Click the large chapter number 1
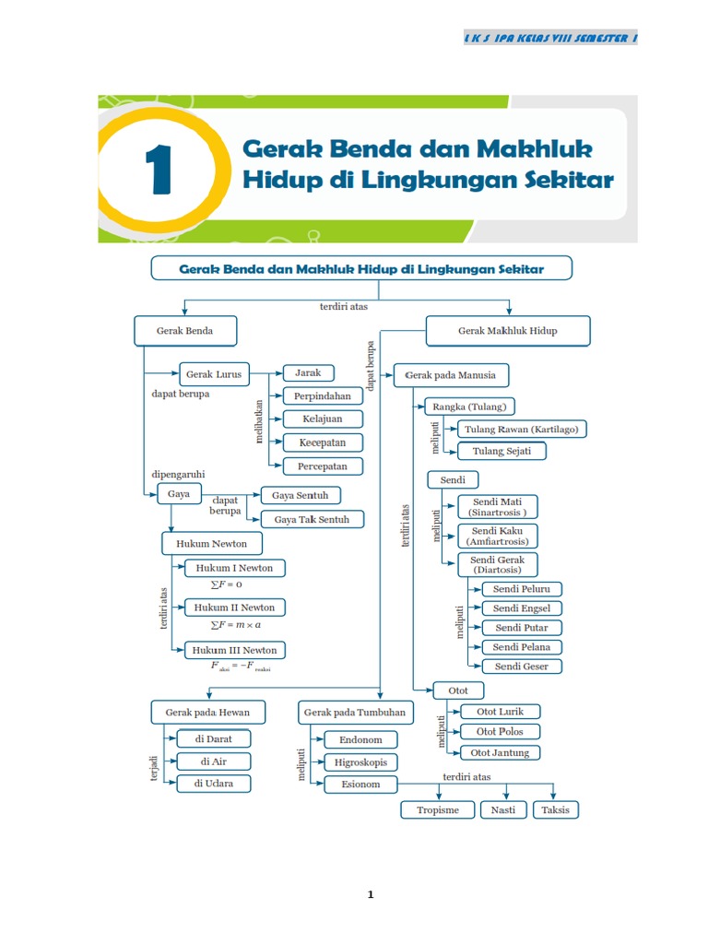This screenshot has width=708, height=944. pyautogui.click(x=158, y=173)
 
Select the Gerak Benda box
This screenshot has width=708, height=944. pyautogui.click(x=185, y=330)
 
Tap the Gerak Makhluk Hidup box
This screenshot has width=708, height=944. pyautogui.click(x=507, y=330)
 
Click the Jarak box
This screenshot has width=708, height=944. pyautogui.click(x=308, y=373)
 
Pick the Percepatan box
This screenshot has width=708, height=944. pyautogui.click(x=323, y=466)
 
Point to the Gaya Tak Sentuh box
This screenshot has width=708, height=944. pyautogui.click(x=312, y=519)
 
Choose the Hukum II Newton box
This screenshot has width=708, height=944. pyautogui.click(x=234, y=608)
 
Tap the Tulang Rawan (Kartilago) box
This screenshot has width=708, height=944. pyautogui.click(x=522, y=429)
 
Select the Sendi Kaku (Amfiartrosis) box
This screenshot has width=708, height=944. pyautogui.click(x=497, y=536)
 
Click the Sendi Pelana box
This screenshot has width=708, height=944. pyautogui.click(x=521, y=647)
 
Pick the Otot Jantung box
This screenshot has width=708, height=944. pyautogui.click(x=499, y=752)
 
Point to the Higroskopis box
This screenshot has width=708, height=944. pyautogui.click(x=360, y=762)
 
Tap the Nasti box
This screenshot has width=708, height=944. pyautogui.click(x=503, y=809)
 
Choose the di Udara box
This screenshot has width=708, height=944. pyautogui.click(x=213, y=784)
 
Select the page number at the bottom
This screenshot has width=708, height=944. pyautogui.click(x=370, y=894)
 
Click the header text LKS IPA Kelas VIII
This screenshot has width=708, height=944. pyautogui.click(x=550, y=38)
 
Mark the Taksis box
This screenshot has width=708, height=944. pyautogui.click(x=556, y=809)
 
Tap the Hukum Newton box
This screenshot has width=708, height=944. pyautogui.click(x=211, y=543)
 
